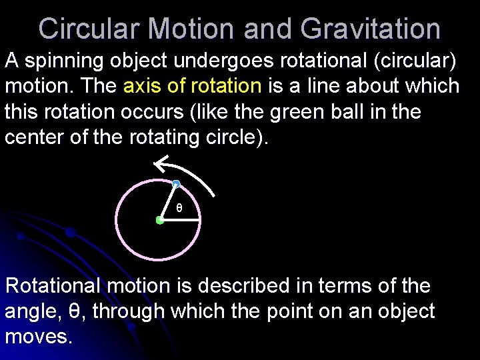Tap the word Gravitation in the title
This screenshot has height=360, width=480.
[x=370, y=29]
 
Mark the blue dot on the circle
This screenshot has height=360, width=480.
[x=175, y=183]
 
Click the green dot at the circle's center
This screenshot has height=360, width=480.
[x=160, y=220]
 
